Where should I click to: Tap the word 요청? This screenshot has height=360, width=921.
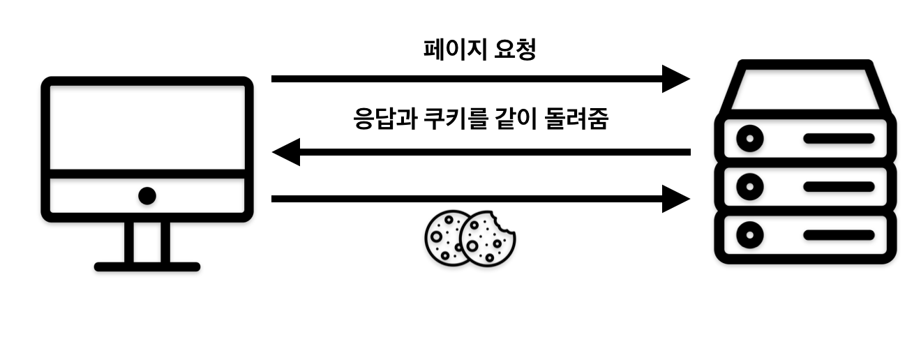(514, 50)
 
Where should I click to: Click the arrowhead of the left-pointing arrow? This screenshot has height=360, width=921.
(286, 151)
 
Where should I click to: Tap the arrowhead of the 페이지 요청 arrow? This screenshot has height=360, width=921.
(675, 79)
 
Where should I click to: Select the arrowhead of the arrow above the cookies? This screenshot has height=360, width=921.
(675, 199)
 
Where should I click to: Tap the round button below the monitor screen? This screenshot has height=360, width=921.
(147, 196)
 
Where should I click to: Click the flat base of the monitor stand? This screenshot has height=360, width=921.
(147, 267)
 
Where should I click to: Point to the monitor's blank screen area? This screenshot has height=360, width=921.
(147, 126)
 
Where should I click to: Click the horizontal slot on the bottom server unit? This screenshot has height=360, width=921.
(838, 235)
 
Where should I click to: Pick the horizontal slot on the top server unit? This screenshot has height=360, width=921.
(838, 138)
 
